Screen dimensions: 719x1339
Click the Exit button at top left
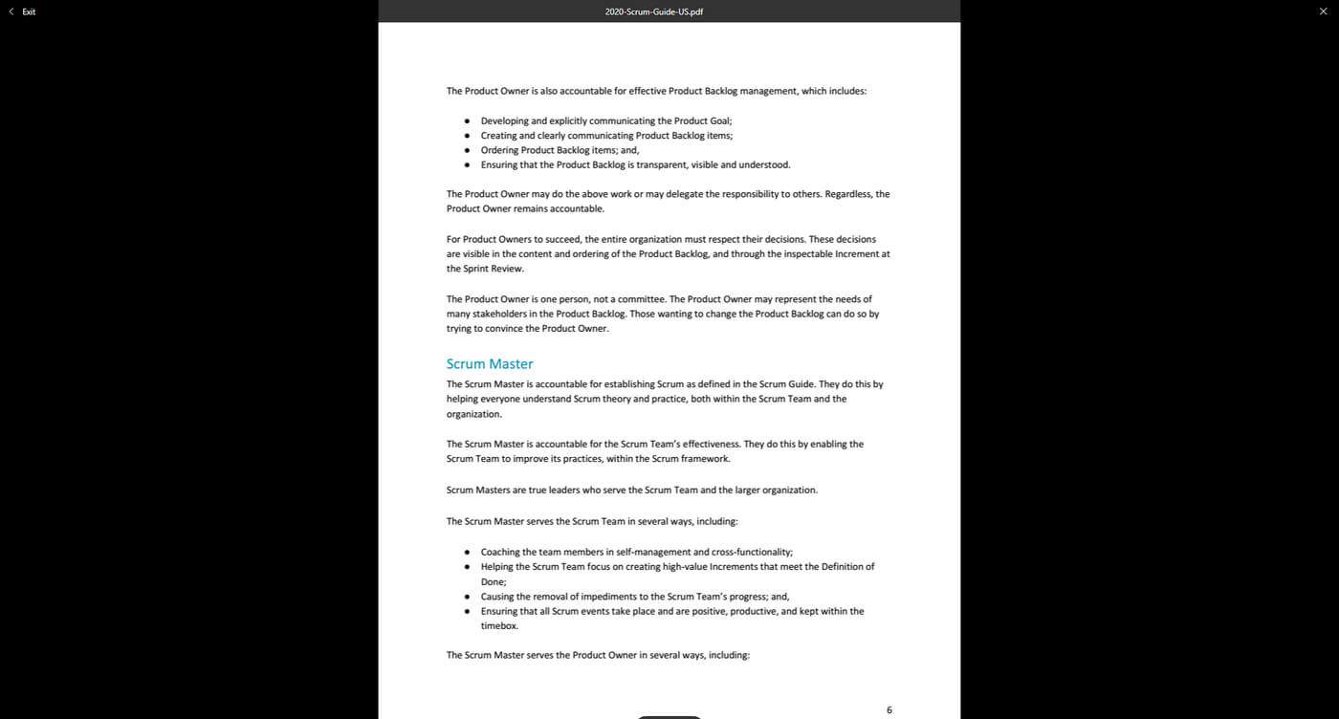(x=23, y=11)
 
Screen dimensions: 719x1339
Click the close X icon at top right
(x=1323, y=11)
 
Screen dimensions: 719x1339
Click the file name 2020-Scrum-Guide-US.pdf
(x=654, y=11)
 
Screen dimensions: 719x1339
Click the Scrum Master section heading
(x=490, y=364)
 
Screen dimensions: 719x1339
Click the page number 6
(x=889, y=710)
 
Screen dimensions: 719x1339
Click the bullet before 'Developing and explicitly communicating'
(x=467, y=121)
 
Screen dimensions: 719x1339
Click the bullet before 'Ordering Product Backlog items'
(x=467, y=150)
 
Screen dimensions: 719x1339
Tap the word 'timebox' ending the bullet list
(x=498, y=626)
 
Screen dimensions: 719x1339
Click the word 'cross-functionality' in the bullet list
(x=751, y=552)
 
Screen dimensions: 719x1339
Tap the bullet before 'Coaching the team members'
(x=467, y=553)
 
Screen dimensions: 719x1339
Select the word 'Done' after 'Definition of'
(x=492, y=581)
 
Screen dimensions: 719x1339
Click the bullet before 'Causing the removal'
(x=467, y=597)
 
